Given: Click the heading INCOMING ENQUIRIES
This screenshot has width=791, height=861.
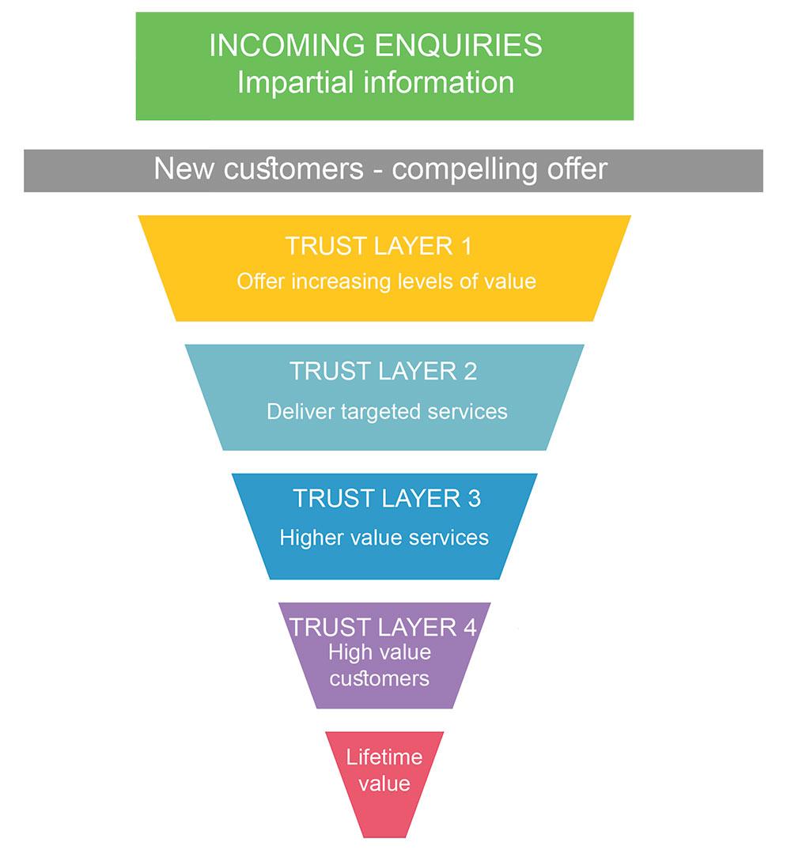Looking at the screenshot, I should click(x=375, y=46).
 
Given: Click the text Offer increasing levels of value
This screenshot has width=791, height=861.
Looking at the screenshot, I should click(x=386, y=281).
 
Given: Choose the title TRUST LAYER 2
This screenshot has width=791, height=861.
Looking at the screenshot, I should click(x=383, y=372).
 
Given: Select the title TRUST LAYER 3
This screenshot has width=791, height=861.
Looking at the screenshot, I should click(x=386, y=499).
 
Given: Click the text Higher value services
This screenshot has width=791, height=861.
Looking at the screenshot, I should click(x=384, y=538).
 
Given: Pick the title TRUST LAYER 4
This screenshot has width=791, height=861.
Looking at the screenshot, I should click(x=383, y=628).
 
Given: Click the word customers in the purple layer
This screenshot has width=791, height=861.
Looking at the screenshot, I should click(x=379, y=678).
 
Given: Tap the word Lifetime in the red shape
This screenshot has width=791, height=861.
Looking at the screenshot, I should click(x=384, y=757).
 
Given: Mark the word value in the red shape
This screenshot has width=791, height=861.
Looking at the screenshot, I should click(x=384, y=784).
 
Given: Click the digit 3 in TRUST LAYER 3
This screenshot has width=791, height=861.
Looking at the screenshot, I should click(x=473, y=499).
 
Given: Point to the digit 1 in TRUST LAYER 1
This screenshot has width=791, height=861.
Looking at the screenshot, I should click(x=465, y=246).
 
